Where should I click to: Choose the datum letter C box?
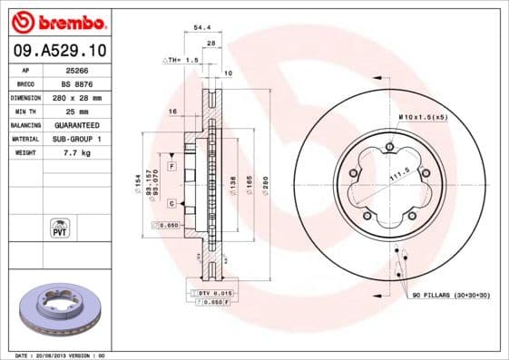171,203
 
